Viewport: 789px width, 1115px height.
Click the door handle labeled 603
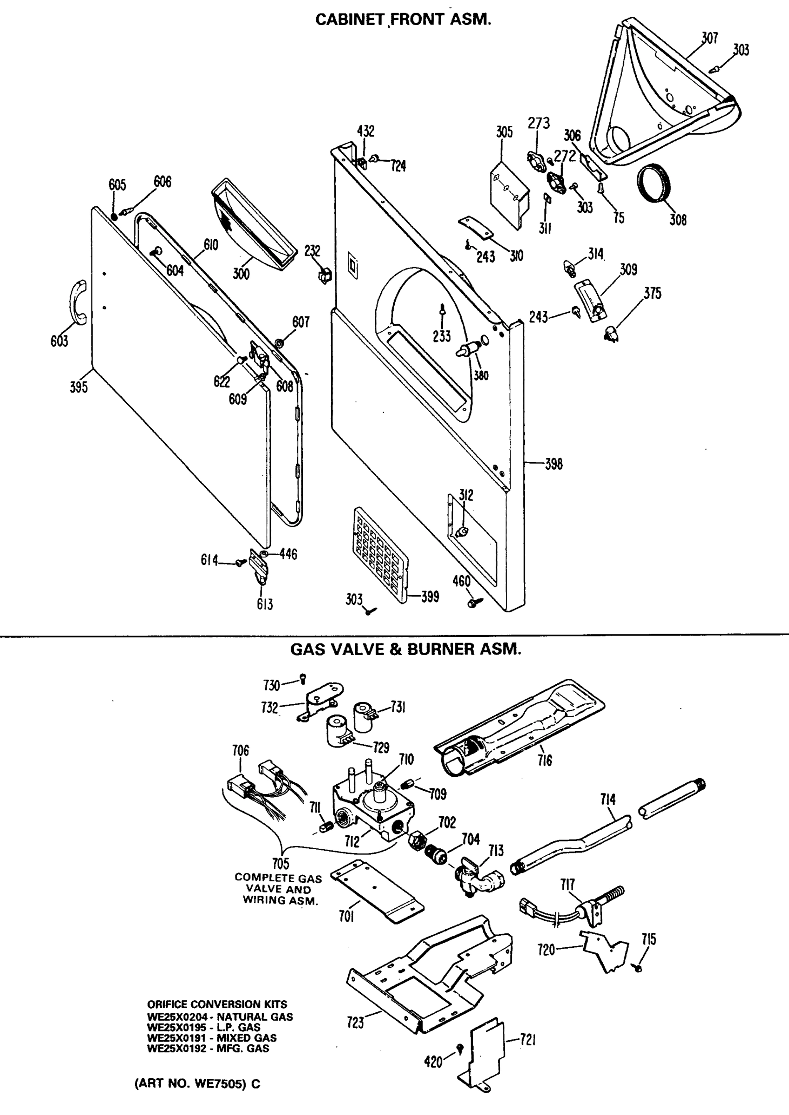pos(77,302)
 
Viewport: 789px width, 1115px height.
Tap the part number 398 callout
pos(554,464)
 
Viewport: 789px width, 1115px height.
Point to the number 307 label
pos(710,38)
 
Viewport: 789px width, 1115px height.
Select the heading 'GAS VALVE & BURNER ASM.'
pos(406,649)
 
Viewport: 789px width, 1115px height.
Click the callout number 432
pos(365,131)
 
